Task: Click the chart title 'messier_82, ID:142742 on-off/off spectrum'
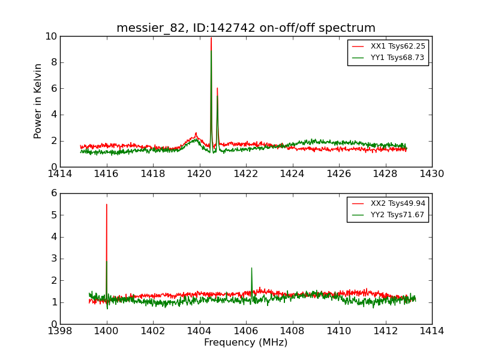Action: click(246, 28)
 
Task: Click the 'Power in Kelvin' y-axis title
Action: click(38, 101)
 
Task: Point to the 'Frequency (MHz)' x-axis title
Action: click(246, 343)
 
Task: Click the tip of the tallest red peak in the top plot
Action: click(211, 38)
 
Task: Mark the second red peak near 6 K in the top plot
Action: click(217, 88)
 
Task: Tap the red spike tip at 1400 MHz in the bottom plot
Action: click(107, 204)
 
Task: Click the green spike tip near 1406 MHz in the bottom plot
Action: click(251, 268)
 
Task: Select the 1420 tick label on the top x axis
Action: click(199, 174)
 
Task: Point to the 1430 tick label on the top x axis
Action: click(431, 174)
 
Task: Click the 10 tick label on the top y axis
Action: click(50, 36)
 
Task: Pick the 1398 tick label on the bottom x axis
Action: click(60, 331)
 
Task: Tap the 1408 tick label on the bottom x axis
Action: click(292, 331)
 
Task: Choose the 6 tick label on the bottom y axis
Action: click(53, 193)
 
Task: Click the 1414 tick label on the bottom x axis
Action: click(431, 331)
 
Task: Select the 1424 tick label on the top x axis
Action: click(292, 174)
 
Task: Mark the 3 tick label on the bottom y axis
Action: click(53, 259)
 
